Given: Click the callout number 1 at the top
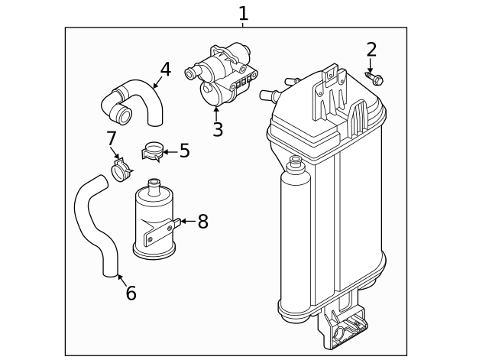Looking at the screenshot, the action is tap(243, 14).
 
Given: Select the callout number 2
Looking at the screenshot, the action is tap(371, 49).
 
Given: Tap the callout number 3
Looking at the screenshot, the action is tap(218, 129).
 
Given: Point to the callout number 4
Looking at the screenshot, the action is tap(166, 70).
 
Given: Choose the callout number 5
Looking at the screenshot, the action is tap(185, 151).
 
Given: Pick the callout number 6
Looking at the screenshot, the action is tap(131, 293).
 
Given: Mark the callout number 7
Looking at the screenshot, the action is tap(112, 138).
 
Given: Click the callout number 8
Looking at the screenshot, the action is tap(203, 222).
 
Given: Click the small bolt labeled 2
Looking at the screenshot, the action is tap(374, 78).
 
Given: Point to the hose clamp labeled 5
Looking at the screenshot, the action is tap(153, 151).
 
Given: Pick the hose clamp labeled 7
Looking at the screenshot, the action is tap(121, 170).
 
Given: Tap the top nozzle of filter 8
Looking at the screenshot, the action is tap(154, 186).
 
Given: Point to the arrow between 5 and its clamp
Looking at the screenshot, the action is tap(170, 152).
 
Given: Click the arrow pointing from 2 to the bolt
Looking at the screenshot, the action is tap(370, 66).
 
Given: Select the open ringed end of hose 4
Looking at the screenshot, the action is tap(122, 113).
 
